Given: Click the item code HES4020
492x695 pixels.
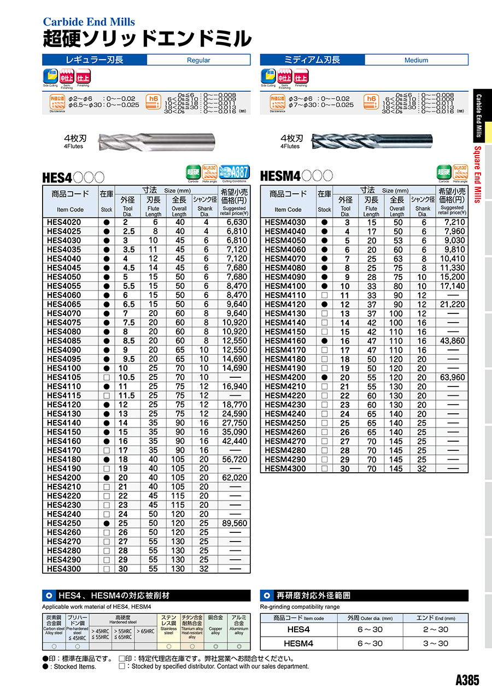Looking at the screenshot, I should (63, 222).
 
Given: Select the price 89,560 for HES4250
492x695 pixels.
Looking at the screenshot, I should (234, 523).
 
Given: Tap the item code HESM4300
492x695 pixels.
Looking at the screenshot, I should (285, 468).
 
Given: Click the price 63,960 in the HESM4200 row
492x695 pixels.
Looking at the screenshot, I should (452, 377).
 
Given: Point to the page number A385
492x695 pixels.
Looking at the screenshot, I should (467, 680).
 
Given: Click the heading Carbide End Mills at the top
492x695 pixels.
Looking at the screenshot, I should (89, 22).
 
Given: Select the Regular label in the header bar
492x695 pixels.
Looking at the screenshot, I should (198, 60).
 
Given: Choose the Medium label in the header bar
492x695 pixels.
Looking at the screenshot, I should (416, 60).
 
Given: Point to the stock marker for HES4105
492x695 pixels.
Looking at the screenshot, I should (107, 377).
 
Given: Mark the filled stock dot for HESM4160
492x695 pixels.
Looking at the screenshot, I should (324, 341).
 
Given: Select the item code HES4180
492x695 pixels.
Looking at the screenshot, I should (63, 459).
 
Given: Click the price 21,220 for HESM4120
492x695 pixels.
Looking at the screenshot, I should (452, 304).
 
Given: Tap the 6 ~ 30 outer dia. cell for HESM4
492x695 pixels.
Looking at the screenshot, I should (370, 643).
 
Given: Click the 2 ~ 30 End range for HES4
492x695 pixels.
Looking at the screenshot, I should (435, 629).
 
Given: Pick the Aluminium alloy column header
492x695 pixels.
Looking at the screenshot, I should (238, 626).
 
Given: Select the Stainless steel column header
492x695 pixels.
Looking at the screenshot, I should (168, 626).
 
